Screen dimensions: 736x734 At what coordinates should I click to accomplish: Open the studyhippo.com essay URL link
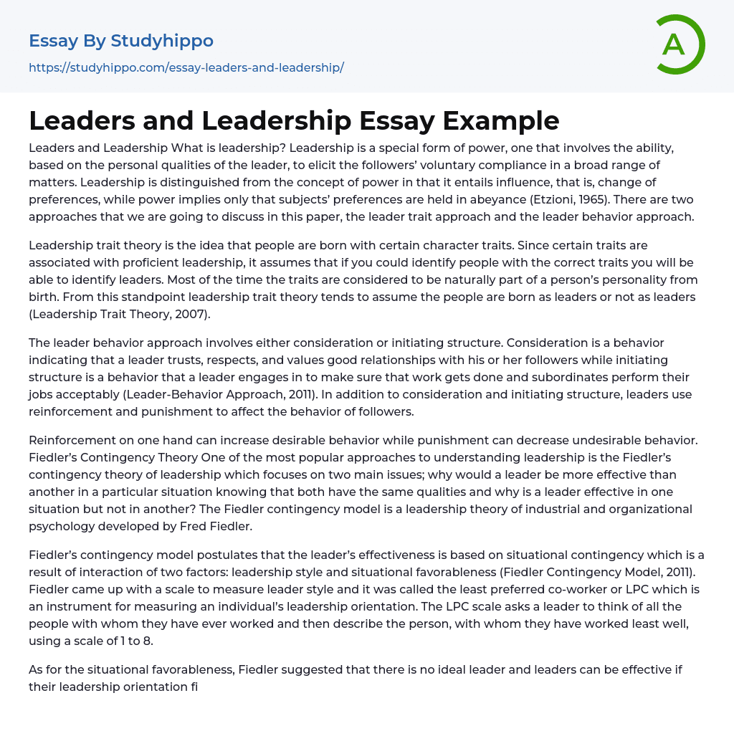(x=186, y=67)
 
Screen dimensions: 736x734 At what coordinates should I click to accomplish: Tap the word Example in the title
(x=501, y=120)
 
